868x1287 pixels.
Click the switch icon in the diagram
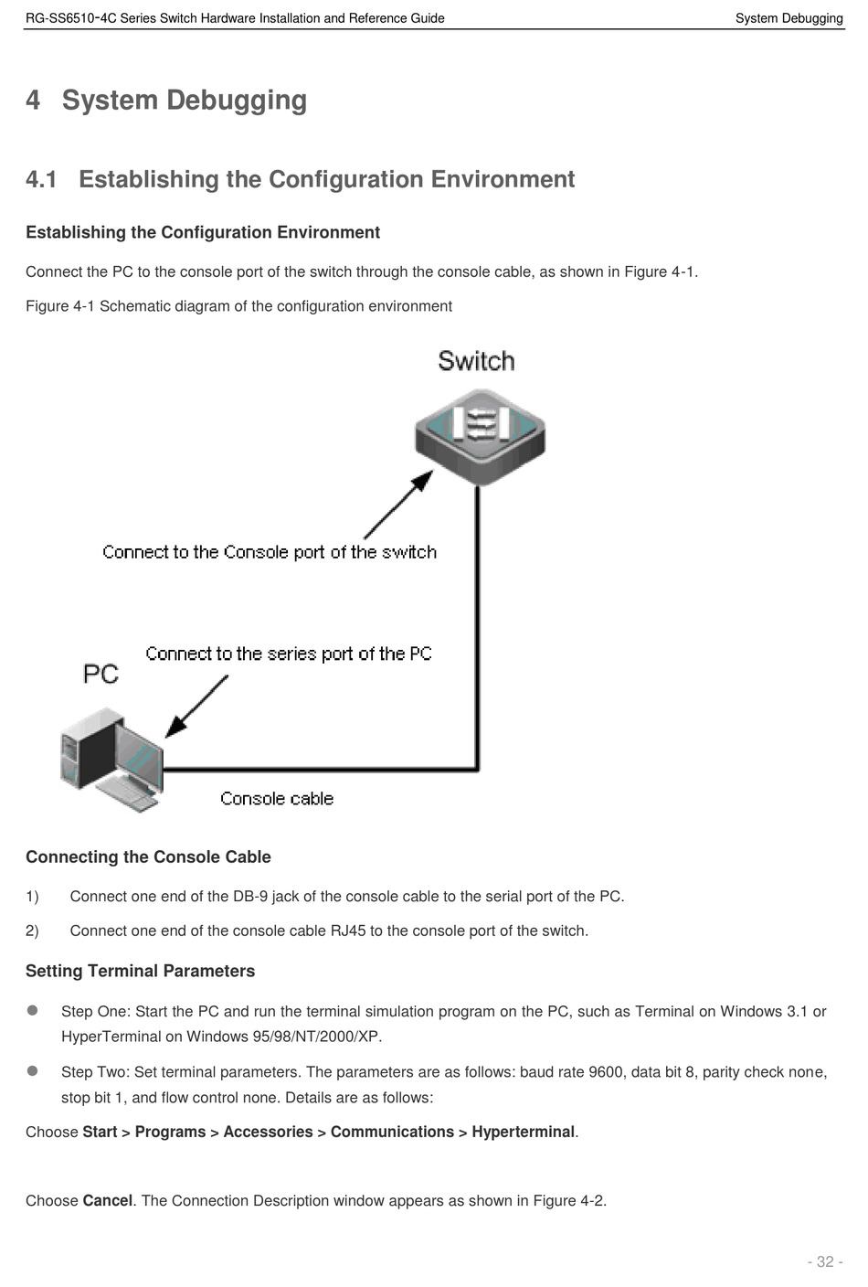click(480, 437)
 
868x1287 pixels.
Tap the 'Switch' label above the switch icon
click(476, 361)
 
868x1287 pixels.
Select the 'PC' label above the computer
click(101, 674)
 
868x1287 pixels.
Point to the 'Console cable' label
click(277, 798)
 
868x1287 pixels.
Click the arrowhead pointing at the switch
click(423, 480)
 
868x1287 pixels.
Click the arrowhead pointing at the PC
click(175, 727)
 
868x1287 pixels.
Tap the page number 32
click(825, 1261)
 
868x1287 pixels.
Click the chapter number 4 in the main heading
click(33, 100)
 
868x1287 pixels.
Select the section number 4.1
click(41, 179)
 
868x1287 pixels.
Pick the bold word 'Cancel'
click(108, 1200)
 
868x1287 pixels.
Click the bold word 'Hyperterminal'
click(524, 1132)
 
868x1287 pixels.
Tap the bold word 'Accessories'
click(268, 1132)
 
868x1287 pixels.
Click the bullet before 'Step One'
click(33, 1010)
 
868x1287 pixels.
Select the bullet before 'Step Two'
click(33, 1070)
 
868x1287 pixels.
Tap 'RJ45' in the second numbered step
click(348, 931)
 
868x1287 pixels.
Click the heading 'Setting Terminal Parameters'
click(140, 971)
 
